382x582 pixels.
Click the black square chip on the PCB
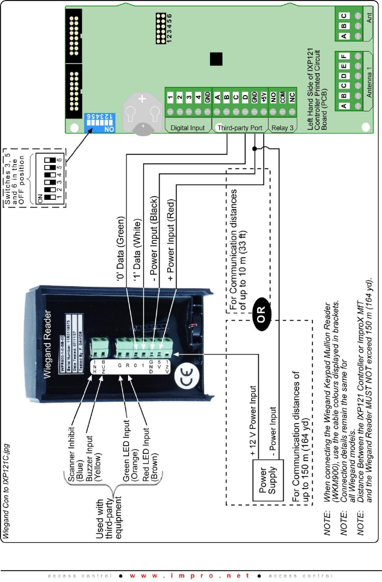(217, 59)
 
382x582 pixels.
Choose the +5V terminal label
(264, 98)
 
